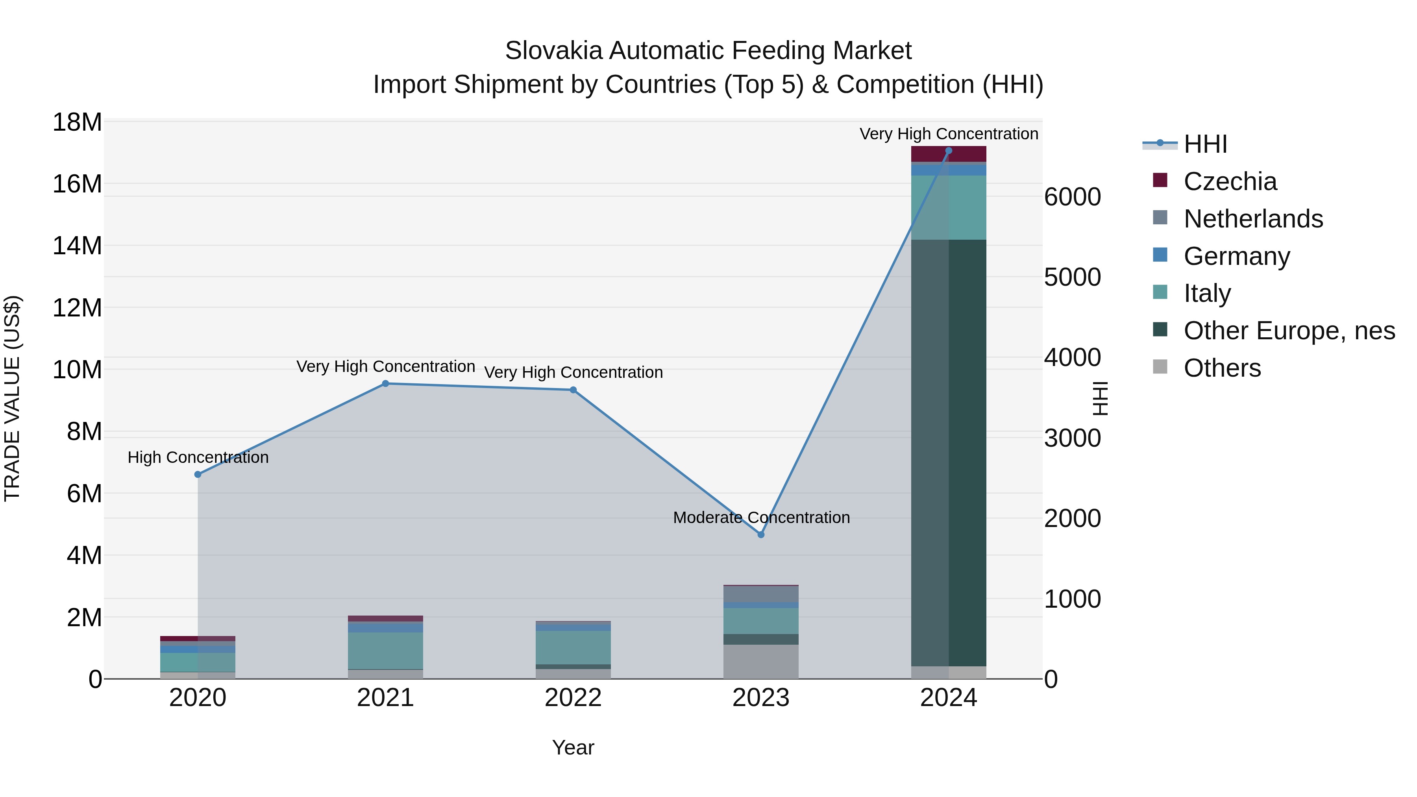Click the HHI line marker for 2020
(198, 474)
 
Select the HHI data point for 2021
(386, 383)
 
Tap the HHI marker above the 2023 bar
(761, 534)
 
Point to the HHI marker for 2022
(573, 390)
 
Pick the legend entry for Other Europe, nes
(1288, 331)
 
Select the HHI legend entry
(1205, 144)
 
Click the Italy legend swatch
(1160, 292)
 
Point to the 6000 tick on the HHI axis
(1072, 197)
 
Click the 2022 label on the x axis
(573, 698)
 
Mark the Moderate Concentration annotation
(761, 518)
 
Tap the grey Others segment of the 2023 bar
(761, 661)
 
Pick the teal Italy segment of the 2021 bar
(386, 650)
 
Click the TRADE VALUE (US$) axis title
(12, 398)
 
